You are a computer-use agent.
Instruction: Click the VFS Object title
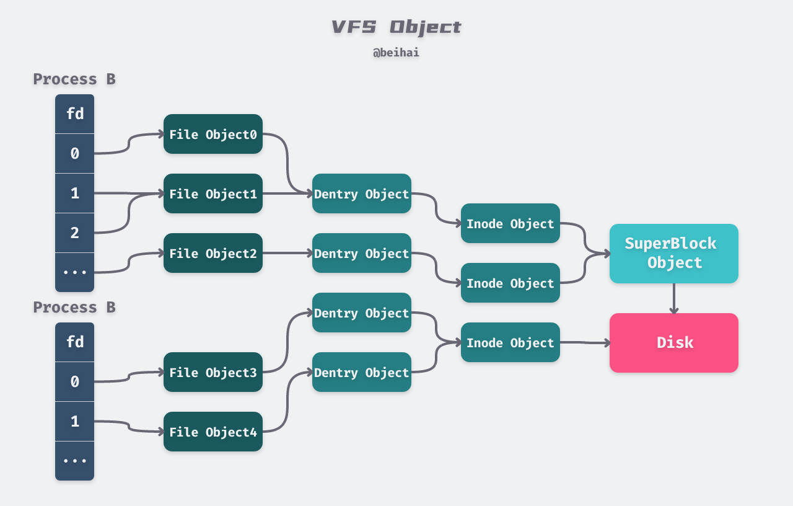pos(396,27)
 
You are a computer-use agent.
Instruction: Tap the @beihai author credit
pos(396,53)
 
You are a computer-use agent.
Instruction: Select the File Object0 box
pos(212,134)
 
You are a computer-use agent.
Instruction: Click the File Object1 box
pos(212,193)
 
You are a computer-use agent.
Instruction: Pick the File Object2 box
pos(212,253)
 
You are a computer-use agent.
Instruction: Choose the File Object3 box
pos(212,372)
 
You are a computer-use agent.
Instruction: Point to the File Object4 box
pos(212,432)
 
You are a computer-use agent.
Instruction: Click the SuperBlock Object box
pos(673,253)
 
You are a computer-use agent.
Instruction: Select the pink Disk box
pos(673,342)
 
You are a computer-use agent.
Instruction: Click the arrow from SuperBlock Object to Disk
pos(674,298)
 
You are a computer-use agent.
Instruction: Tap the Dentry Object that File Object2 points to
pos(361,253)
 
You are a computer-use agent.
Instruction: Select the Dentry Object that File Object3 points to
pos(361,313)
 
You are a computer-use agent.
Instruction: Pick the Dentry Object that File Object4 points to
pos(361,372)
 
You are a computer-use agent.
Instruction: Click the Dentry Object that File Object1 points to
pos(361,193)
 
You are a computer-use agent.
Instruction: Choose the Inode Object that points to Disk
pos(510,342)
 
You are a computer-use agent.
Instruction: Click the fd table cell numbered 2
pos(74,233)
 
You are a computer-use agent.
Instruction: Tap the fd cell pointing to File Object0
pos(74,154)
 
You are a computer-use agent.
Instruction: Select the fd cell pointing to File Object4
pos(74,422)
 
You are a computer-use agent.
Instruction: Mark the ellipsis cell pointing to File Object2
pos(74,272)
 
